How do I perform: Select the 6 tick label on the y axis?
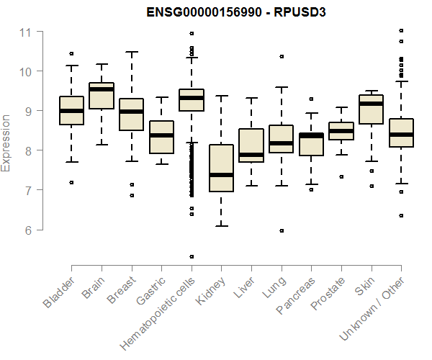(x=28, y=230)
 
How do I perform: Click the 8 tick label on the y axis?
(x=28, y=151)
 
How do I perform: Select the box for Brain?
(x=101, y=96)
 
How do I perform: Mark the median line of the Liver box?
(x=251, y=155)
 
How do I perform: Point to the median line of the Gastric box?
(x=161, y=135)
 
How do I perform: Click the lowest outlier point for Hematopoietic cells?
(x=192, y=256)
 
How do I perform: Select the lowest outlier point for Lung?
(x=282, y=230)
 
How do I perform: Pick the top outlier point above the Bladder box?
(x=71, y=53)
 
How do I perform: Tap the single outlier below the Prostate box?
(x=341, y=176)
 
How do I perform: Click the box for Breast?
(x=131, y=114)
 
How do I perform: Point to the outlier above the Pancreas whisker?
(x=311, y=99)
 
